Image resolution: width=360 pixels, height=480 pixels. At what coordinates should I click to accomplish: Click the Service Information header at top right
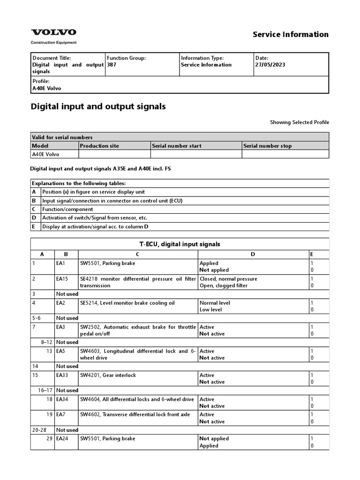tap(291, 34)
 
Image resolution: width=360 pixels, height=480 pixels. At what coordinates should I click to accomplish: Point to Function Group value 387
tap(112, 65)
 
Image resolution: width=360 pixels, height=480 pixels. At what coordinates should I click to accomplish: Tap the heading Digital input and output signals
tap(98, 106)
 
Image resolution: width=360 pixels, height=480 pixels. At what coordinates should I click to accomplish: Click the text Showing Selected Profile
tap(299, 122)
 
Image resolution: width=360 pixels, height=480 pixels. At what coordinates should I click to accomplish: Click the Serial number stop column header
tap(267, 146)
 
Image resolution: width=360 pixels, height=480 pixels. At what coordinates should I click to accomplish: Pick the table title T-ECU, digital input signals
tap(180, 244)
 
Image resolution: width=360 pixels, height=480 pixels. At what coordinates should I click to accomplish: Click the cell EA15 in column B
tap(62, 279)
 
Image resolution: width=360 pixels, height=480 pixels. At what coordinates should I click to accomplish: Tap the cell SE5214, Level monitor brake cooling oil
tap(127, 303)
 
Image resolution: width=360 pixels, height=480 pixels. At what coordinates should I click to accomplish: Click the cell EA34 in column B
tap(62, 399)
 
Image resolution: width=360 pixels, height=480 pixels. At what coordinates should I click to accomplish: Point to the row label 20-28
tap(39, 430)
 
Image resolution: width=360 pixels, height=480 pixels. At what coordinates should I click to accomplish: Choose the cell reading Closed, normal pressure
tap(228, 279)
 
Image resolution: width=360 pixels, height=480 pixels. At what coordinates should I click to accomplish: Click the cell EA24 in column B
tap(62, 439)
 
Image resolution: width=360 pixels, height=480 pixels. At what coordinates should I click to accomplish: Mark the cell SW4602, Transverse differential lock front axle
tap(135, 414)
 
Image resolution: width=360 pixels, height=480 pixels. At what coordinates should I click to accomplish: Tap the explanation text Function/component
tap(67, 209)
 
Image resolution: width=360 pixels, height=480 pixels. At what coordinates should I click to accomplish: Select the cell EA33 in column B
tap(62, 375)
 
